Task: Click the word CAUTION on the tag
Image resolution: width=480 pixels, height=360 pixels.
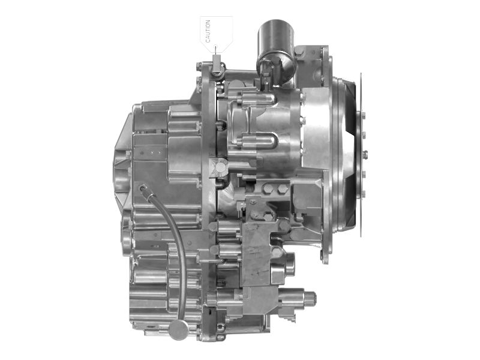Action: pos(208,31)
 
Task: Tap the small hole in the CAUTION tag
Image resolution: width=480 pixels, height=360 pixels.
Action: pos(216,47)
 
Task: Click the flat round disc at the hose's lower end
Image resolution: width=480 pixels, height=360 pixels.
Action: pos(179,330)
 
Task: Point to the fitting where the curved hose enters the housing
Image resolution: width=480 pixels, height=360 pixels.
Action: pos(143,188)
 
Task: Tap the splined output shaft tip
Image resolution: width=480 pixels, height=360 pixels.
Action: pos(310,298)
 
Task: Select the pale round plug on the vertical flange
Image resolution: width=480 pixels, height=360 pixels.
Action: pos(220,167)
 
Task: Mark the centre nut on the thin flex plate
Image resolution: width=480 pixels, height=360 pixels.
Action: pos(365,153)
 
